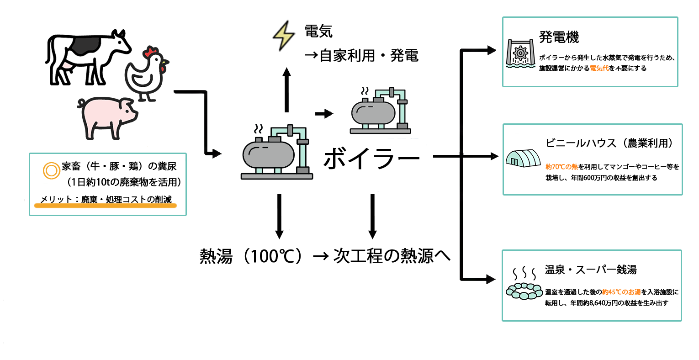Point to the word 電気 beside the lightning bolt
click(x=318, y=32)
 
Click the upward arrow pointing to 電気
click(x=286, y=89)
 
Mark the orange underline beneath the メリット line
click(x=105, y=206)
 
